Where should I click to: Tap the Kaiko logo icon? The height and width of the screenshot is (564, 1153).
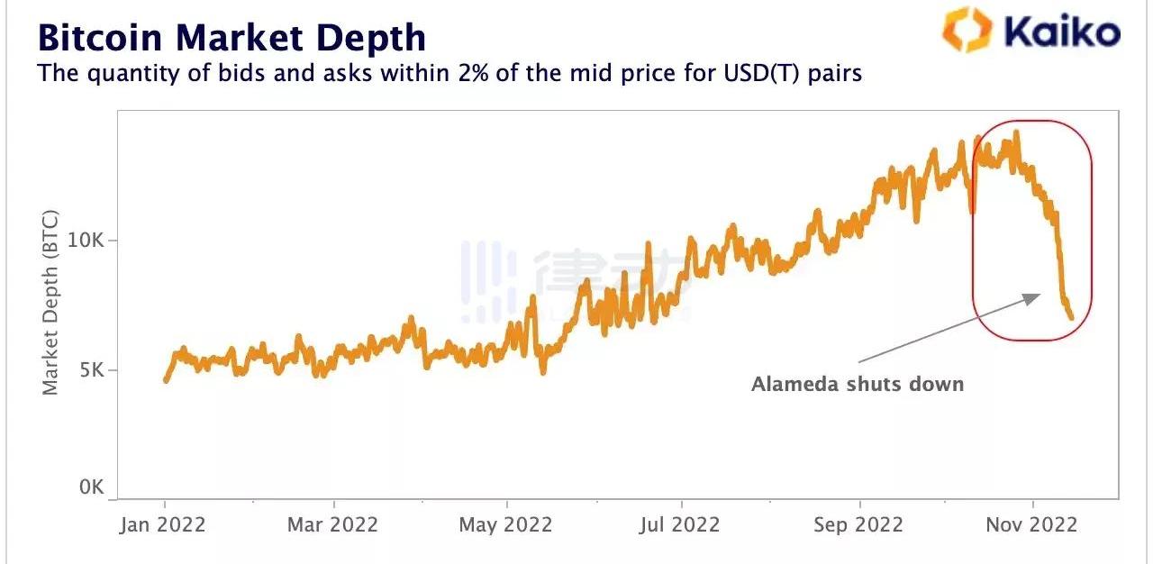[967, 30]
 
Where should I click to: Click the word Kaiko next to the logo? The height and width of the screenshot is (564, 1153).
[1062, 32]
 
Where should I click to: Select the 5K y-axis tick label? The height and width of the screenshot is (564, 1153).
[91, 370]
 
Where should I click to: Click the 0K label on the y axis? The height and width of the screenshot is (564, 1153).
[91, 487]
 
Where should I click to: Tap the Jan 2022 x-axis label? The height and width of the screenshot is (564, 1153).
[163, 525]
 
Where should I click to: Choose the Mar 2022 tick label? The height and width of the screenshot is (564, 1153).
[333, 525]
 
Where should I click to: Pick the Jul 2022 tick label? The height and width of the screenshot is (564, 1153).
[681, 525]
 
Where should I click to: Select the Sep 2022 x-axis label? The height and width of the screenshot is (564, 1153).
[858, 525]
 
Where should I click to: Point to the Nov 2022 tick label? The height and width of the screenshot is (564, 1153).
[1032, 525]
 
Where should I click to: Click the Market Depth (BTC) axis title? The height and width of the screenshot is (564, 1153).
[50, 302]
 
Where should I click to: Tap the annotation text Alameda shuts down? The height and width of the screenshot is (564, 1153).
[858, 385]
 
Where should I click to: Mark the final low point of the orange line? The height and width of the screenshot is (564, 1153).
[1071, 317]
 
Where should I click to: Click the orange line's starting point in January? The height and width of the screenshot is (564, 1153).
[166, 380]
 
